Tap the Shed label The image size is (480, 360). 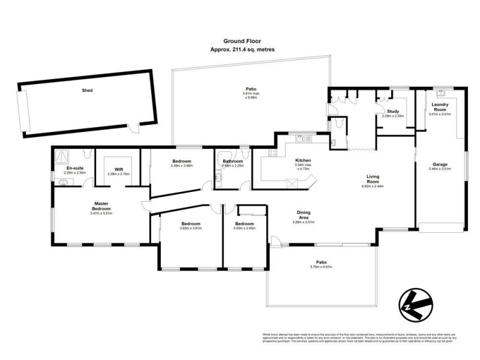click(88, 91)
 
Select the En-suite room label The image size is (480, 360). click(75, 169)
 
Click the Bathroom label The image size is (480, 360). click(232, 161)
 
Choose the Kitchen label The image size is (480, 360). click(302, 160)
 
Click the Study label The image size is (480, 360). click(393, 111)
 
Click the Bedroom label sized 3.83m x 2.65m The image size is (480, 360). click(245, 224)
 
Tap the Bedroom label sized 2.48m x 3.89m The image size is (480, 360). click(181, 161)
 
